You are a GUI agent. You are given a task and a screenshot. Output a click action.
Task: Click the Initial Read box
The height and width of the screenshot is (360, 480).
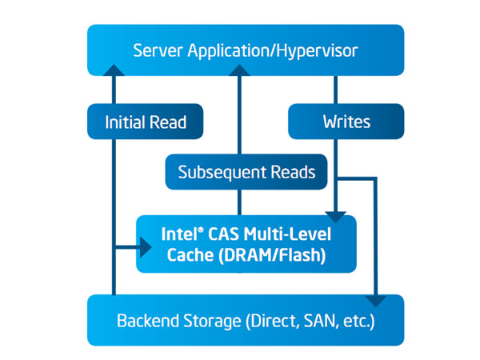pos(145,122)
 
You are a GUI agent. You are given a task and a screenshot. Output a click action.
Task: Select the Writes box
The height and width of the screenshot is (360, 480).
pos(346,122)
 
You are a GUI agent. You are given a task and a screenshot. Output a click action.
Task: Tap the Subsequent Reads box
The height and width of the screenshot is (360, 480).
pos(246,172)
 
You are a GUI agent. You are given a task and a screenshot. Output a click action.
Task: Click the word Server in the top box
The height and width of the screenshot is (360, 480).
pos(155,50)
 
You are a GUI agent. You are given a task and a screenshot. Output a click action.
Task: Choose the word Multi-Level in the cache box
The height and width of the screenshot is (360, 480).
pos(295,235)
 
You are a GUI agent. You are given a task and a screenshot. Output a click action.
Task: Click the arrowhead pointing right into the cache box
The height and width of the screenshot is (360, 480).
pos(145,247)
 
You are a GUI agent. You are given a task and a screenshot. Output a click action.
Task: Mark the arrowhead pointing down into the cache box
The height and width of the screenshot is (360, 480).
pos(337,214)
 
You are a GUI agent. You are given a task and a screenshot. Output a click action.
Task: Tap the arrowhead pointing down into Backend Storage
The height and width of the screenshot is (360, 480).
pos(376,301)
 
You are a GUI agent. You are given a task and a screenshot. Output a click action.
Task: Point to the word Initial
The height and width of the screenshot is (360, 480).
pos(126,122)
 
